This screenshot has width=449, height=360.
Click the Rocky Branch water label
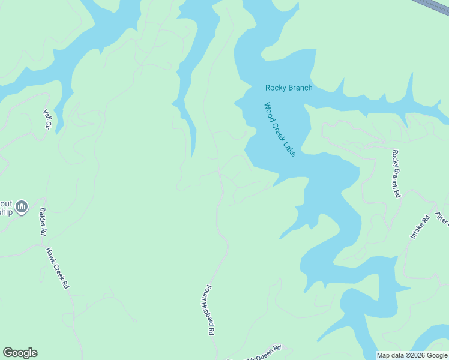tap(289, 88)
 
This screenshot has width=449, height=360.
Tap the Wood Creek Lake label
tap(280, 130)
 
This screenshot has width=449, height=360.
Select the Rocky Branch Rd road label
tap(396, 174)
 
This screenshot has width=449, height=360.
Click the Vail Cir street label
tap(46, 119)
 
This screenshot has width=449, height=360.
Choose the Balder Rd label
tap(43, 221)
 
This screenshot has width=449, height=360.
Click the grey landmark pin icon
tap(22, 207)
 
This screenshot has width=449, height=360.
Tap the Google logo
tap(20, 353)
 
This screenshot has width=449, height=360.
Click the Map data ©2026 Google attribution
tap(412, 355)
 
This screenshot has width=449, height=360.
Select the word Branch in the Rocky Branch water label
tap(300, 88)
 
